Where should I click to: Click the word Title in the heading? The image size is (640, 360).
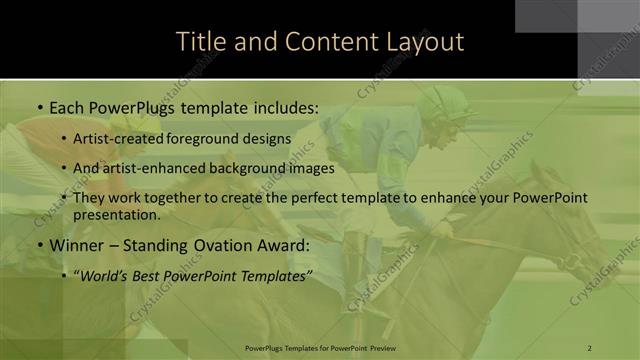tap(198, 42)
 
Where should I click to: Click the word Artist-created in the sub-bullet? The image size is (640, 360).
tap(115, 138)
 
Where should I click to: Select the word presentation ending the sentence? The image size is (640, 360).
tap(115, 214)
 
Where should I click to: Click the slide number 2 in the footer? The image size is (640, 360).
tap(590, 348)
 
